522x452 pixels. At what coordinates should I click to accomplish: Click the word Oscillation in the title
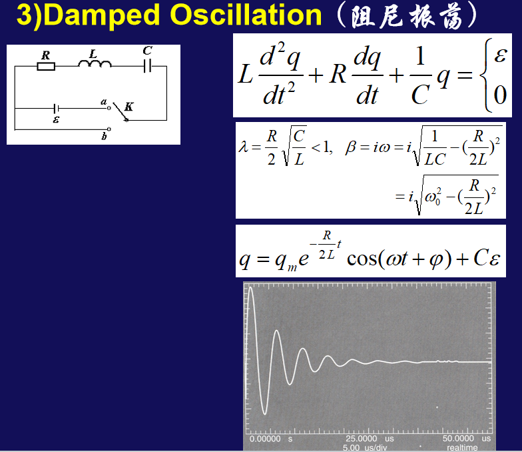[246, 15]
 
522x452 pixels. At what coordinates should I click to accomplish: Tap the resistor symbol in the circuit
[46, 67]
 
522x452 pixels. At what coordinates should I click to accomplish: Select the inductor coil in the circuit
[95, 63]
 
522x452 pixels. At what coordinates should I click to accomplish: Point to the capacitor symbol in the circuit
[148, 65]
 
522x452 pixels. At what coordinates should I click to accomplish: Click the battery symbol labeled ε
[56, 108]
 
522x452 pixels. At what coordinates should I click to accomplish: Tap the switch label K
[129, 107]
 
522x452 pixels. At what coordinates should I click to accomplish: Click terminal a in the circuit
[109, 108]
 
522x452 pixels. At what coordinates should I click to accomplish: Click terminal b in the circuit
[109, 129]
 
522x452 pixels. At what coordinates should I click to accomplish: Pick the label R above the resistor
[45, 55]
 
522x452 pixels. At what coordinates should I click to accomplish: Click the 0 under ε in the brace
[499, 95]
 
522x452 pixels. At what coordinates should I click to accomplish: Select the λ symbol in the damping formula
[244, 147]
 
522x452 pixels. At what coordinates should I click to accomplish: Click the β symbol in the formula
[350, 147]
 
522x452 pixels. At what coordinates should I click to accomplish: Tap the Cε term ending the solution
[487, 257]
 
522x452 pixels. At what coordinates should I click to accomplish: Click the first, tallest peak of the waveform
[250, 287]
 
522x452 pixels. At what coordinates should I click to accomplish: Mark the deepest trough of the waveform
[265, 413]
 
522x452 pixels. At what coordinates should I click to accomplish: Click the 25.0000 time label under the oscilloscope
[361, 439]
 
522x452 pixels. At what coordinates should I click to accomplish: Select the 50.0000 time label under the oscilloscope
[458, 439]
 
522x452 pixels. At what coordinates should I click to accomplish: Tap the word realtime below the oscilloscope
[462, 448]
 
